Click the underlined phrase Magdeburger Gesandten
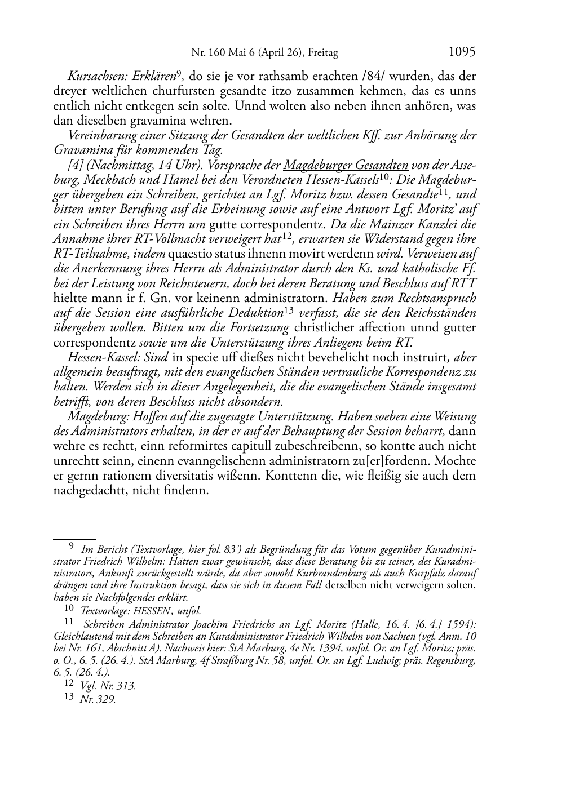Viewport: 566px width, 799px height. click(x=346, y=166)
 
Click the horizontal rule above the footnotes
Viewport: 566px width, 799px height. click(x=74, y=539)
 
